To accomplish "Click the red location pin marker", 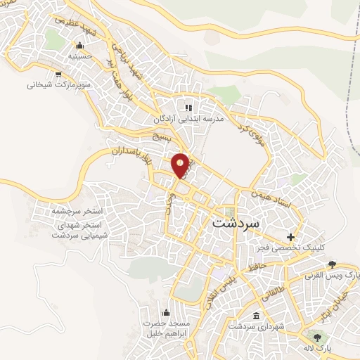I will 181,165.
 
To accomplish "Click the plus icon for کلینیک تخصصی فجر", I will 290,237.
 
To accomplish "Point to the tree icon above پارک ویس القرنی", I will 332,264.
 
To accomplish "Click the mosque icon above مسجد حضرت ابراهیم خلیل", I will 167,313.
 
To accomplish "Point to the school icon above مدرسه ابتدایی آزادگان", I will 188,108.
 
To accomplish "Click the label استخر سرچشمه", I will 77,210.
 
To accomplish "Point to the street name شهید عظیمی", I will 72,26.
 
